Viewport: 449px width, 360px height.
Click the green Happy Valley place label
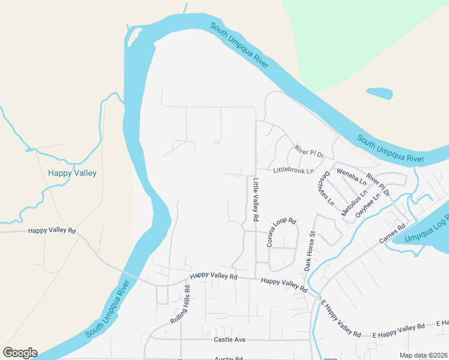(x=72, y=173)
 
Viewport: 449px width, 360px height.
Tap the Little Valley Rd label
(x=255, y=200)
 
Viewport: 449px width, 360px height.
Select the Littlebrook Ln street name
(x=294, y=171)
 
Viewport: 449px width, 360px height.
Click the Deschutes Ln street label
(x=324, y=188)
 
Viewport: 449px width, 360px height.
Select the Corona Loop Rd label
(x=282, y=233)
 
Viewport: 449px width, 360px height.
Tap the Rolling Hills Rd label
(x=180, y=304)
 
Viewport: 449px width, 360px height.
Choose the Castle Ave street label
(x=230, y=340)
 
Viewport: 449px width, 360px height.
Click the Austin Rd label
(x=228, y=358)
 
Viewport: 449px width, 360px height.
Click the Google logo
(x=20, y=353)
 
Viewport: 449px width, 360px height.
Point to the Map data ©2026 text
(x=423, y=355)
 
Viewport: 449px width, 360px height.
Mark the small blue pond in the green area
(x=379, y=94)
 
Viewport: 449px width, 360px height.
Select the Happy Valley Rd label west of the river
(x=52, y=230)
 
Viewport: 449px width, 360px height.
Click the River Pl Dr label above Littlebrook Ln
(x=309, y=152)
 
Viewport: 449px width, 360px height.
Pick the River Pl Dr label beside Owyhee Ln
(x=378, y=185)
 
